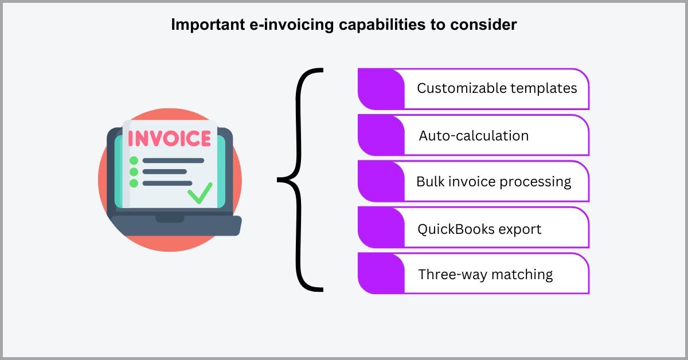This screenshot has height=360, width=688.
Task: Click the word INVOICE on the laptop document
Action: (169, 139)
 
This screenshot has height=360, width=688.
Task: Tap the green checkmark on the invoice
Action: (200, 193)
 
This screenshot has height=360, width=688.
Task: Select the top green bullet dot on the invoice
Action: (134, 161)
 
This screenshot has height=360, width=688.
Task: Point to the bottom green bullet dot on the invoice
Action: (134, 183)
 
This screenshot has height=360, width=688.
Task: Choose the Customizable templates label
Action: (497, 89)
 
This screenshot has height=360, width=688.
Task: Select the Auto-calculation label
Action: (474, 136)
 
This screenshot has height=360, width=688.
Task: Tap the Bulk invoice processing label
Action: (494, 182)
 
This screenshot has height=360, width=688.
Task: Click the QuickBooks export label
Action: (479, 229)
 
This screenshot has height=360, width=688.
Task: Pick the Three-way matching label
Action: (486, 275)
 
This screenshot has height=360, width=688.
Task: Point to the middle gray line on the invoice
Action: (165, 172)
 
